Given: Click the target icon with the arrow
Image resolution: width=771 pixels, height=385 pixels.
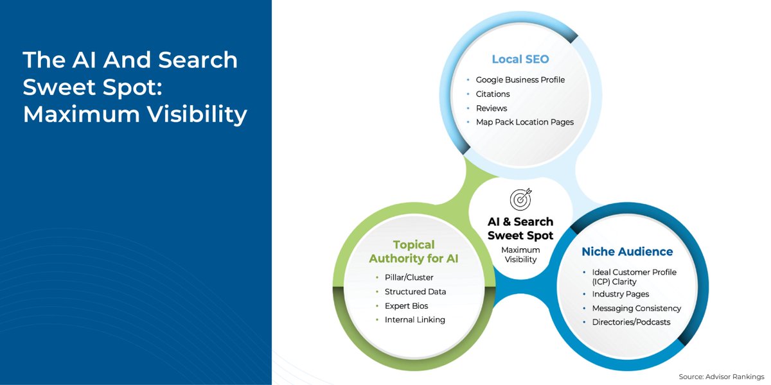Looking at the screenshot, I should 520,200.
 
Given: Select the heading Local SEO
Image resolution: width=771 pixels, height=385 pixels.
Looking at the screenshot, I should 520,59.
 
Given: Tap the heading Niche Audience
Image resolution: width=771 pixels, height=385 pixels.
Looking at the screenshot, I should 627,252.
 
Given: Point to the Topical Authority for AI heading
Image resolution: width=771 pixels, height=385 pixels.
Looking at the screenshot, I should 414,252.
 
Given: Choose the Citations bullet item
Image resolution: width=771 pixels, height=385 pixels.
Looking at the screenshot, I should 493,94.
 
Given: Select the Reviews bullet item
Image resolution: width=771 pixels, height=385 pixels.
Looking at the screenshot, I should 492,108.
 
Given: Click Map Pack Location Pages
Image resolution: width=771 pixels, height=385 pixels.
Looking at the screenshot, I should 524,122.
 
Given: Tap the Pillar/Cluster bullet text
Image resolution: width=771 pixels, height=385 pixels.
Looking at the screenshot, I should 409,278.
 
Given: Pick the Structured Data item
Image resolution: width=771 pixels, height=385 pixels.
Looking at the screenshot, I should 415,291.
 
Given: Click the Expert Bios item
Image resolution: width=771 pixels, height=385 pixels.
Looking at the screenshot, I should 406,305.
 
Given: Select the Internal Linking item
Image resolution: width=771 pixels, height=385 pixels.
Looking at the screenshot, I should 414,320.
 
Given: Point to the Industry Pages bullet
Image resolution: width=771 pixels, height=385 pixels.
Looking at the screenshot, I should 620,294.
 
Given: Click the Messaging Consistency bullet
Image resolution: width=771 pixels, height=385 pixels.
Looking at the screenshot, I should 636,308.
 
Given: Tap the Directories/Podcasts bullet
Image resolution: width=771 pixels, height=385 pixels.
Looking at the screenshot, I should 631,322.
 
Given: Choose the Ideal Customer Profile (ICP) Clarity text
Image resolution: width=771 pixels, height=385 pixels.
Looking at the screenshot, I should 634,277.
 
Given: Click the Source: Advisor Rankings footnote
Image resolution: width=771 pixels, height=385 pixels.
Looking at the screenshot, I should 721,376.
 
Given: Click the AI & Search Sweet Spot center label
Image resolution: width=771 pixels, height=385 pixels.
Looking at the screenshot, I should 520,228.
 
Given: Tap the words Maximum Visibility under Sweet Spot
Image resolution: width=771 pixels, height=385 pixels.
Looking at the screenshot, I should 520,254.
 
